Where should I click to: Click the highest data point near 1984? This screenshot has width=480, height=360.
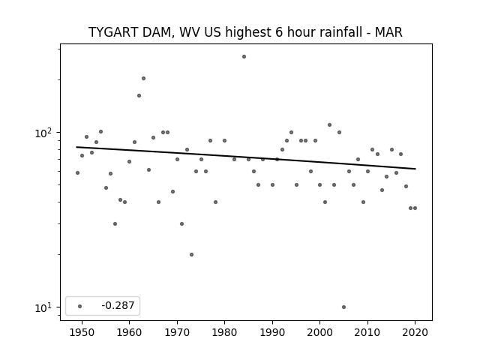[x=244, y=57]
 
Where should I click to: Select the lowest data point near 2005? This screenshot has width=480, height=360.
[x=343, y=307]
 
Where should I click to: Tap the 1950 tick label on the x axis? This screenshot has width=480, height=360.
[x=82, y=332]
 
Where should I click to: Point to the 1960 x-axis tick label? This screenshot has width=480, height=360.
[x=129, y=332]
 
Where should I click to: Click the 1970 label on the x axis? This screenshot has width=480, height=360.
[x=177, y=332]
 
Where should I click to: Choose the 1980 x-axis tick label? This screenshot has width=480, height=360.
[x=224, y=332]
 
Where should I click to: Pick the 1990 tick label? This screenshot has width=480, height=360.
[x=272, y=332]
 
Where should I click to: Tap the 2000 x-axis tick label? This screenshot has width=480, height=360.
[x=319, y=332]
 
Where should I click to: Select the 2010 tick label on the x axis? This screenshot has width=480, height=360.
[x=367, y=332]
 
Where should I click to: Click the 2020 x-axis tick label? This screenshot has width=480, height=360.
[x=415, y=332]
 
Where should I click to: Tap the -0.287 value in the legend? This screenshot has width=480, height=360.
[x=118, y=305]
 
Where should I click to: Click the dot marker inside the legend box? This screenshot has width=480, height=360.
[x=79, y=306]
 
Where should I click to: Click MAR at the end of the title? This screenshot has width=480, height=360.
[x=388, y=32]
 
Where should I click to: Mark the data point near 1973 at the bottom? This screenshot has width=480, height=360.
[x=191, y=255]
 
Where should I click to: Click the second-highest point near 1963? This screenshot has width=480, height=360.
[x=143, y=78]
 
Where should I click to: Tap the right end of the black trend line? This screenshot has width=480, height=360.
[x=415, y=169]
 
